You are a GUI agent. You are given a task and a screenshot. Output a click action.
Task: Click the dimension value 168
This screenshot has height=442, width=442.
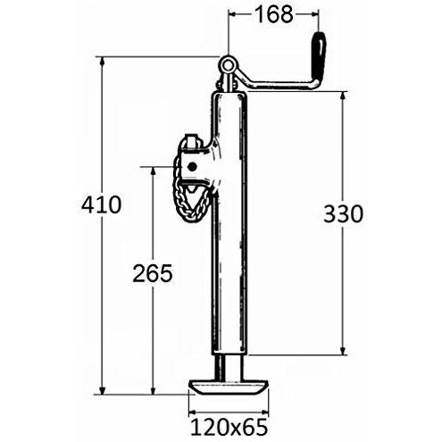(x=274, y=15)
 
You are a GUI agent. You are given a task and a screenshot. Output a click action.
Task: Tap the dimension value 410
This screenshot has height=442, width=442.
(x=102, y=204)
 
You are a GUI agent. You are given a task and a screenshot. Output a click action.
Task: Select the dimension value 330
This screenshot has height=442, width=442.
(x=343, y=213)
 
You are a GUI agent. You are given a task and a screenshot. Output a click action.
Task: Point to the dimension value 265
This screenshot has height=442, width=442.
(x=153, y=273)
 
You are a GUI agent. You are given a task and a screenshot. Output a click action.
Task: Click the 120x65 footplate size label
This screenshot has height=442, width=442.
(x=229, y=428)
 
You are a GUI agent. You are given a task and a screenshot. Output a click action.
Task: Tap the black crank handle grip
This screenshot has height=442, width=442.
(x=319, y=56)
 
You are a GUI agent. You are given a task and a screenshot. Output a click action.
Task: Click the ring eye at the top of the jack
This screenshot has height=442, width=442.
(x=228, y=64)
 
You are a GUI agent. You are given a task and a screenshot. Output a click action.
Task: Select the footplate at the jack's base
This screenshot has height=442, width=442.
(x=229, y=387)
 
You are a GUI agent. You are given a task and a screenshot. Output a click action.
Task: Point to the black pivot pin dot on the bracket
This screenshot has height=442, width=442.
(x=192, y=166)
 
